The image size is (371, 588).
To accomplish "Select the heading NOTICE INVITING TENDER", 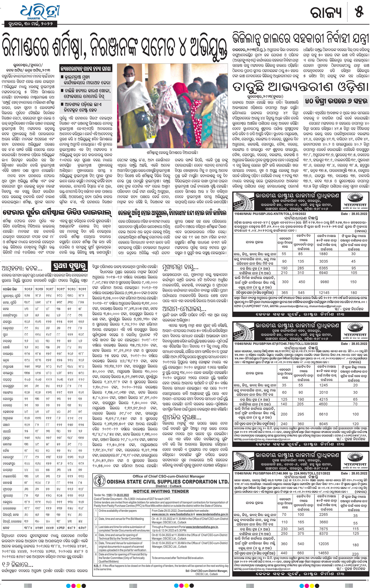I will pyautogui.click(x=161, y=491).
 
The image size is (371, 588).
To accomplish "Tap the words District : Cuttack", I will pyautogui.click(x=161, y=486).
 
